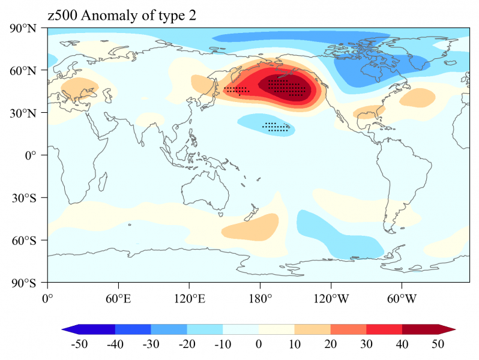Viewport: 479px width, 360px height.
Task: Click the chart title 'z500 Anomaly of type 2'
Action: coord(122,17)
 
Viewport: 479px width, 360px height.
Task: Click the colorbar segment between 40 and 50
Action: coord(420,329)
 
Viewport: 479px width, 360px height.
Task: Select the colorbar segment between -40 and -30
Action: coord(133,329)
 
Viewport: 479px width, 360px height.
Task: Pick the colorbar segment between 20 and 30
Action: coord(348,329)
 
